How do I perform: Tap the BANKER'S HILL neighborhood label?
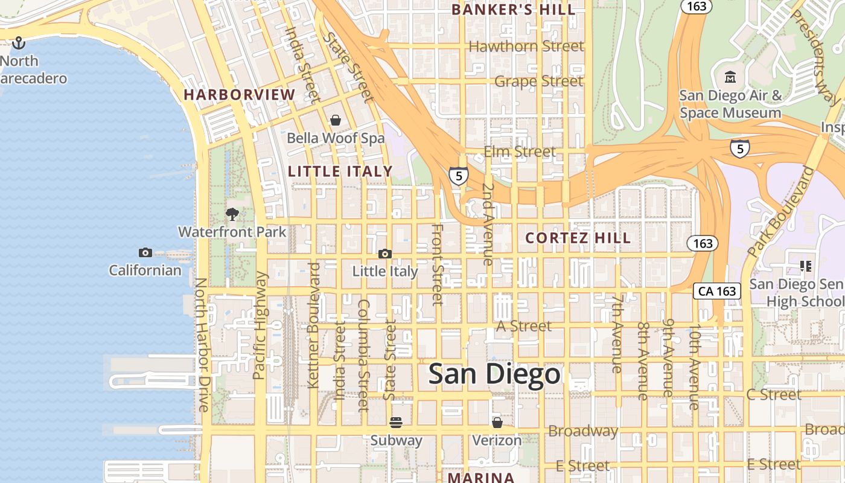click(x=513, y=10)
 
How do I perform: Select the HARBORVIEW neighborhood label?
click(x=240, y=95)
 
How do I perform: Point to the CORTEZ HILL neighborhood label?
click(x=578, y=238)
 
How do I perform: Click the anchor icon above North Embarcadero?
click(x=19, y=43)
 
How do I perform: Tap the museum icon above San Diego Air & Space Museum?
click(x=730, y=77)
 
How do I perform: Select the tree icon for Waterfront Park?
click(x=232, y=214)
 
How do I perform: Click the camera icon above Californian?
click(x=145, y=252)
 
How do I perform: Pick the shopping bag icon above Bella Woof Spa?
click(x=335, y=120)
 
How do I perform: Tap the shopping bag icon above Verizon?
click(x=497, y=422)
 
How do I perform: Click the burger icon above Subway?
click(x=396, y=422)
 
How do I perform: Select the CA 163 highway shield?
click(x=716, y=291)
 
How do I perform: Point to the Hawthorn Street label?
click(x=526, y=46)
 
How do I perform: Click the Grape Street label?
click(x=538, y=81)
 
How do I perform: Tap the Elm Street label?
click(x=520, y=152)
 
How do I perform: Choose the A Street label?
click(x=523, y=326)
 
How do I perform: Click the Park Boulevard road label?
click(x=780, y=211)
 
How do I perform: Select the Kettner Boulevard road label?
click(x=313, y=325)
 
